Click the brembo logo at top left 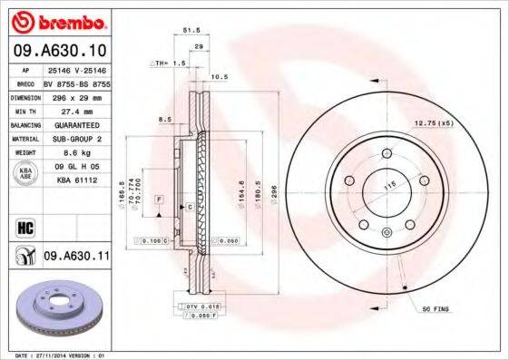[56, 20]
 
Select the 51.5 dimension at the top [191, 30]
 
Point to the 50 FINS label [436, 310]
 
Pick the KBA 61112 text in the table [74, 180]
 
